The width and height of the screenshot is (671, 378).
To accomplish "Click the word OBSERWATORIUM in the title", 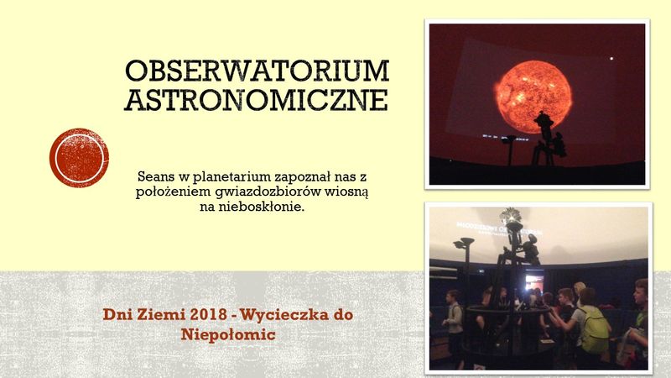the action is pos(257,71).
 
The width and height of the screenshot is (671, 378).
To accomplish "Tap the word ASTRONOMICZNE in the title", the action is pos(256,100).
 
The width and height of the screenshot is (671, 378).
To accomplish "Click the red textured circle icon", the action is pos(79,158).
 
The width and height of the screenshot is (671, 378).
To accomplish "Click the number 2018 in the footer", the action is pos(209,315).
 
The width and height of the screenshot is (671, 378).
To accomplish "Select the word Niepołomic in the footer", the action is pos(228,334).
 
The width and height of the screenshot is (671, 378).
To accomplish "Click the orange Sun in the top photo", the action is pos(533,97).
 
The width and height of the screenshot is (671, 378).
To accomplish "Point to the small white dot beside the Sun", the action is pos(611,58).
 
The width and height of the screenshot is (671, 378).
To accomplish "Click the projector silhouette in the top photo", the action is pos(547,138).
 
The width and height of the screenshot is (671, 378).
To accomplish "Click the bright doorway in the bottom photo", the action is pos(534,283).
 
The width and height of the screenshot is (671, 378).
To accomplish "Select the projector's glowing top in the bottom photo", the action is pos(512,218).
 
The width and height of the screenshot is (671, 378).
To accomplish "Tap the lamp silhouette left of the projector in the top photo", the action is pos(509,150).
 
